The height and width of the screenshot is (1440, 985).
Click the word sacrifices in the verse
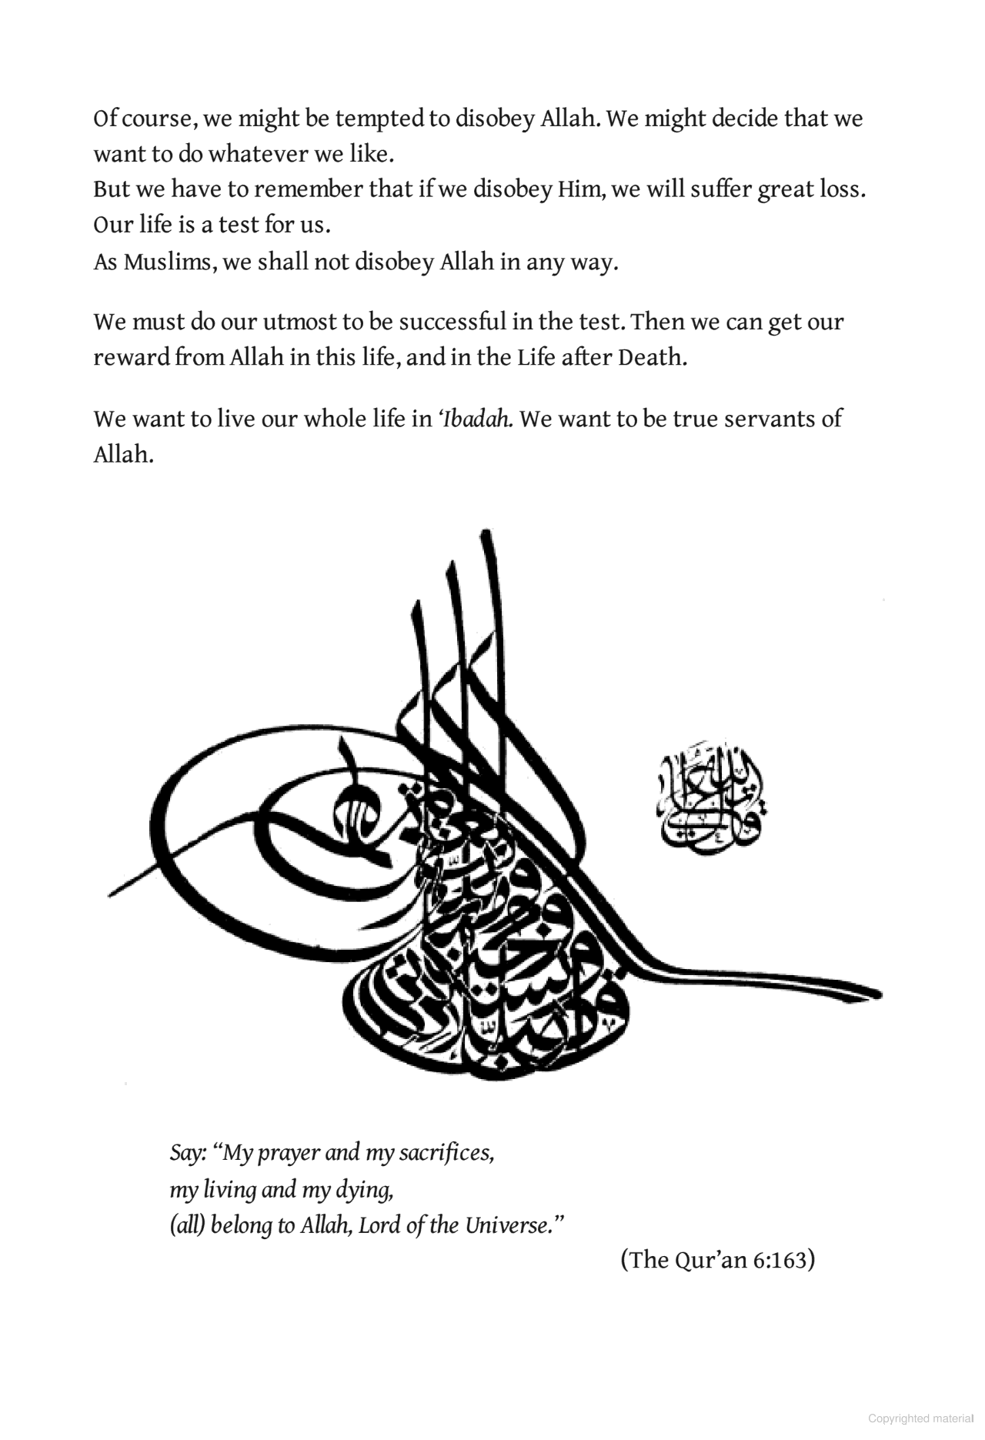click(x=446, y=1153)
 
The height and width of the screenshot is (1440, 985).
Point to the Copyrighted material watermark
click(x=920, y=1418)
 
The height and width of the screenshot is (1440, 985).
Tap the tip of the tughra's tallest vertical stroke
click(x=485, y=534)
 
